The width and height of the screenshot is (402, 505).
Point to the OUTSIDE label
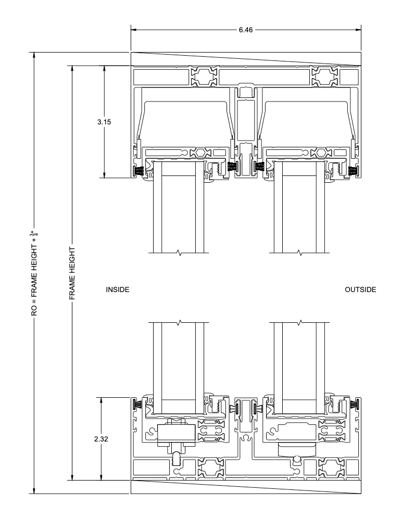click(x=360, y=289)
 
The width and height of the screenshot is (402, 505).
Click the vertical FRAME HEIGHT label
click(x=72, y=273)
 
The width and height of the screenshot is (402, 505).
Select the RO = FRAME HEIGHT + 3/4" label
click(x=34, y=273)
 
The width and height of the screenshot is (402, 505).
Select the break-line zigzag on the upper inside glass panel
click(x=180, y=253)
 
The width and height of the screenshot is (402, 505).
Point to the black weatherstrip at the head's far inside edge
click(x=139, y=170)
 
